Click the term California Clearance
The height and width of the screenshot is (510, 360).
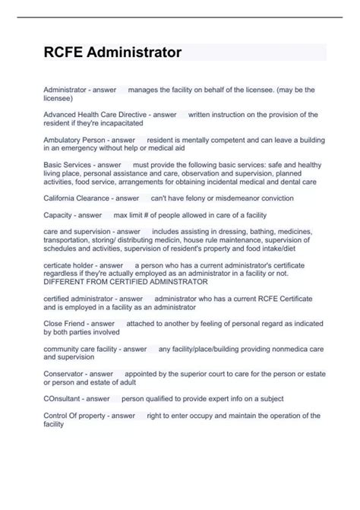[x=78, y=198]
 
